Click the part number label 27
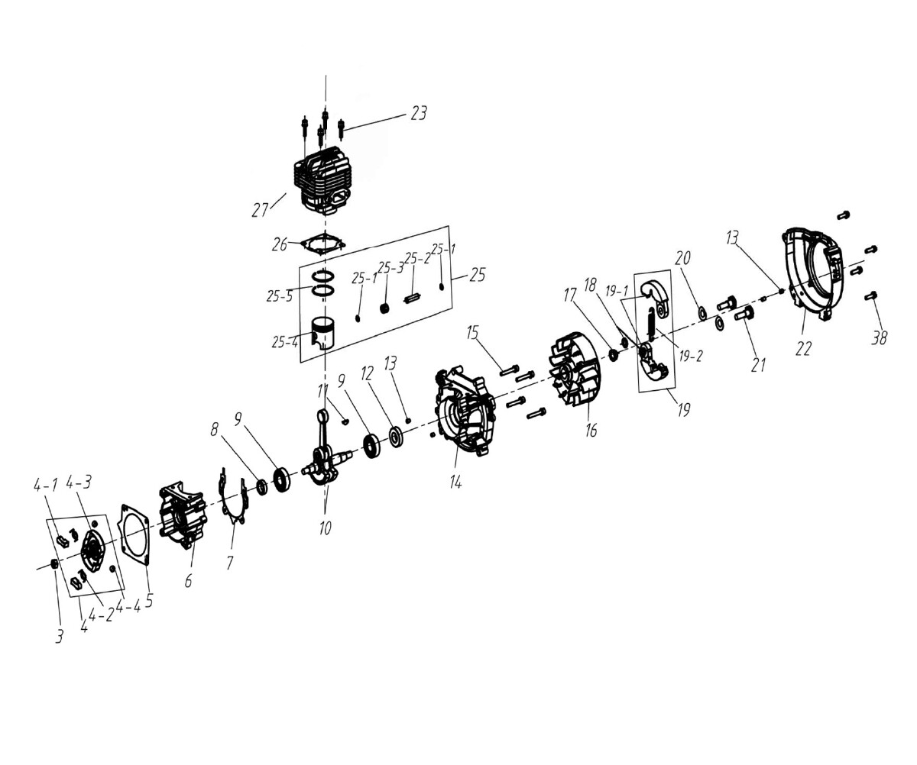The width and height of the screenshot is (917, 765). point(260,210)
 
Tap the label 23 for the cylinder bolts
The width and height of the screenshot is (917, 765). point(419,114)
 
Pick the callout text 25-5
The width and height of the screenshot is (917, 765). point(280,297)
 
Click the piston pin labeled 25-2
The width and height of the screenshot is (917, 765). point(413,299)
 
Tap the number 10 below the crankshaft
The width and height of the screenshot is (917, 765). point(325,528)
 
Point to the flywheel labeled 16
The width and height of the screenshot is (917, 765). point(573,373)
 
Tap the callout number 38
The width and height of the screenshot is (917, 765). point(879,337)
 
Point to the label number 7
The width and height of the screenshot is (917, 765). point(229,563)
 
